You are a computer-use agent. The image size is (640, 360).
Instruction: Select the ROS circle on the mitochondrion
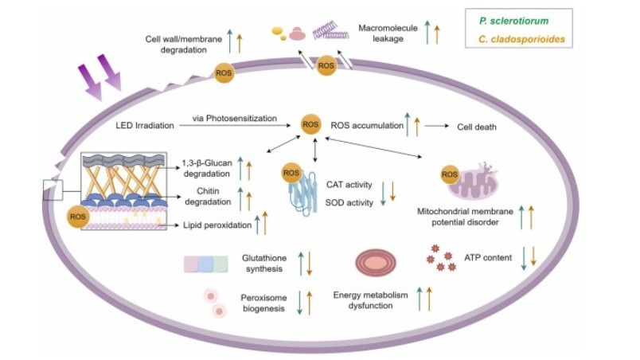pos(449,173)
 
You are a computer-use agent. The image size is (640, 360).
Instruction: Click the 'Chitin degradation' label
pos(213,197)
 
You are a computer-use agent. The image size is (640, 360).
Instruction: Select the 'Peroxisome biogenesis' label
pos(262,303)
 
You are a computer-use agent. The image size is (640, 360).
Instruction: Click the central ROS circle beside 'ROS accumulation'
pos(310,124)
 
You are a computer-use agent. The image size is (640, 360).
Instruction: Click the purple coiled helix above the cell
pos(332,30)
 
